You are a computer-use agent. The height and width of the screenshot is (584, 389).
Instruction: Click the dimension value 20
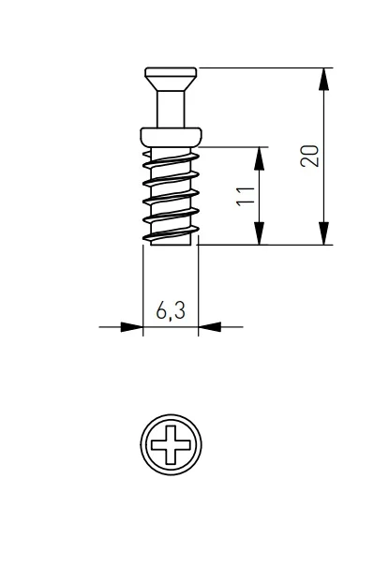pos(309,156)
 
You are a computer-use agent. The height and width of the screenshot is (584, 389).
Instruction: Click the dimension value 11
pos(246,196)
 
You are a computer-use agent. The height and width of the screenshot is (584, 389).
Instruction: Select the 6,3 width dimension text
pos(171,310)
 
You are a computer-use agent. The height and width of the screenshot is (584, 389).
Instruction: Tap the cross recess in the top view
pos(171,444)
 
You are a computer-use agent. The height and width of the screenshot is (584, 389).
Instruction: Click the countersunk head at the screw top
pos(171,79)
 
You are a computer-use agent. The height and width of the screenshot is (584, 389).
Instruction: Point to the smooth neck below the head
pos(171,110)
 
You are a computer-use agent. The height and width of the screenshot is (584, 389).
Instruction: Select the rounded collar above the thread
pos(171,137)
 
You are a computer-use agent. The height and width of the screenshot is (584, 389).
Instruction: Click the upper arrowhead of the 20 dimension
pos(323,79)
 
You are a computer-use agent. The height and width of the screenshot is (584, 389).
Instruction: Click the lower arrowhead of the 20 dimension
pos(323,233)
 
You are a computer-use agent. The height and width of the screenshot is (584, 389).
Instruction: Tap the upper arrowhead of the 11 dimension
pos(259,158)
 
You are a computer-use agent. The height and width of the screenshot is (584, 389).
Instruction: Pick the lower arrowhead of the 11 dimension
pos(259,233)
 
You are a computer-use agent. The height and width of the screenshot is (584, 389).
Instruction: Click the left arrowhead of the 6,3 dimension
pos(132,327)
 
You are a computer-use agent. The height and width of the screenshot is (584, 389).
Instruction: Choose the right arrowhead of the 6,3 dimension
pos(209,327)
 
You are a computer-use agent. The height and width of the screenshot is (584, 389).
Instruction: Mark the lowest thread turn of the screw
pos(171,233)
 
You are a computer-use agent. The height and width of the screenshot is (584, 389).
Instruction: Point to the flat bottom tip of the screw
pos(171,244)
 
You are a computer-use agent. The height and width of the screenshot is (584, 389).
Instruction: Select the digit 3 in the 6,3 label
pos(179,310)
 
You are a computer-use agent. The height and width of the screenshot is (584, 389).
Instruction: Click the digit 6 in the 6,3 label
pos(162,310)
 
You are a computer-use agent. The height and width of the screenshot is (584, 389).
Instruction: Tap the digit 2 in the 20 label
pos(309,161)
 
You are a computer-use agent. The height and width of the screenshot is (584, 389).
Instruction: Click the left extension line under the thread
pos(143,291)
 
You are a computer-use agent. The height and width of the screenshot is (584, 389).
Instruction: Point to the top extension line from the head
pos(265,68)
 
